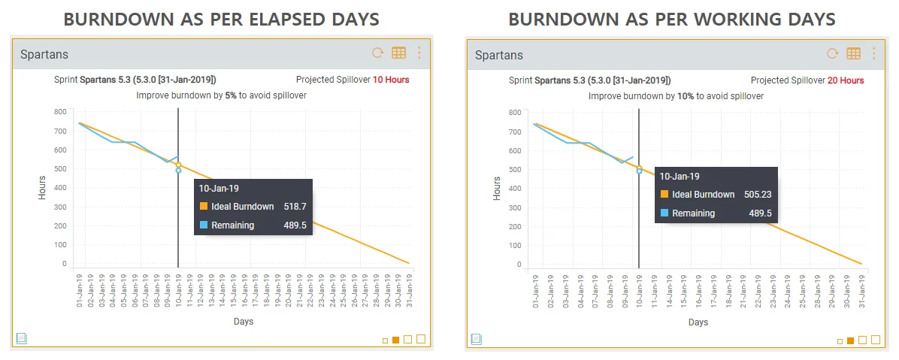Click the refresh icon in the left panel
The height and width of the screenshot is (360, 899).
(378, 53)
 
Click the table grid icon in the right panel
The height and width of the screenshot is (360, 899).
(853, 53)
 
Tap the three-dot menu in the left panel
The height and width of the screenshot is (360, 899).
(419, 53)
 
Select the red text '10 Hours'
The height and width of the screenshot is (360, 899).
(391, 80)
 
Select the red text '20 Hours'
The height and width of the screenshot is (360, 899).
(846, 80)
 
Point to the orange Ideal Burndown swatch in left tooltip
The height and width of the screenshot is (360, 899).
(204, 206)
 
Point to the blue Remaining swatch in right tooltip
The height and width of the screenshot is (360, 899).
(664, 213)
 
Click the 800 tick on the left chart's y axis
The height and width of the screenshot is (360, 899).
(60, 112)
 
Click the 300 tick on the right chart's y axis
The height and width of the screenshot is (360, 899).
(515, 207)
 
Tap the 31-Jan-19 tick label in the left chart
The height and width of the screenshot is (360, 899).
(409, 289)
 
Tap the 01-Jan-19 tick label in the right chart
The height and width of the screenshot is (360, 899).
(535, 290)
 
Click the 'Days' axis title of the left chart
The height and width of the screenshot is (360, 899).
(242, 321)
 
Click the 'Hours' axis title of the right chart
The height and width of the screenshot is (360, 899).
(496, 188)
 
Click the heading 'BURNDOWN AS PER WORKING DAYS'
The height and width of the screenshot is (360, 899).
(672, 19)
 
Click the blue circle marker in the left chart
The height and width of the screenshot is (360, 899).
(178, 171)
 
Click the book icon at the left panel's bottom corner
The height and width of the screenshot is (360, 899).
(21, 338)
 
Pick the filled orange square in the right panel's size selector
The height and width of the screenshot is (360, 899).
(851, 340)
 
